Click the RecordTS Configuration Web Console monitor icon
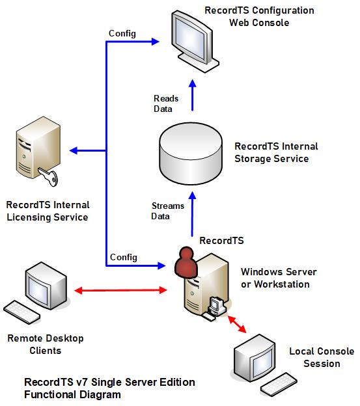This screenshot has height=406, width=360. tap(195, 42)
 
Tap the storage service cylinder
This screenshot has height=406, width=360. tap(191, 154)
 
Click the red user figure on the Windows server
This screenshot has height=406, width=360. tap(186, 262)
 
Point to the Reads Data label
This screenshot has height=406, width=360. tap(166, 103)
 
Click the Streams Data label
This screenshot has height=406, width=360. tap(167, 211)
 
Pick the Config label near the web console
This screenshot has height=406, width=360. tap(122, 34)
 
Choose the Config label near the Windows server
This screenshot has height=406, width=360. tap(124, 258)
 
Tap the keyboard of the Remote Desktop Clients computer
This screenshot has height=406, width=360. tap(21, 312)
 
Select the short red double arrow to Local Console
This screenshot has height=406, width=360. tap(237, 324)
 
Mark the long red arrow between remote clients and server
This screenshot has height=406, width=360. tap(120, 290)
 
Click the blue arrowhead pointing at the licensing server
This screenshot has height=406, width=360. tap(74, 150)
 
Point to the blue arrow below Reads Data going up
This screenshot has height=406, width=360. tap(193, 95)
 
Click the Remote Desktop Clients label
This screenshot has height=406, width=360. tap(46, 344)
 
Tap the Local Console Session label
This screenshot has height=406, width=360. tap(322, 357)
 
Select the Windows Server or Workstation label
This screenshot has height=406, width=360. tap(279, 278)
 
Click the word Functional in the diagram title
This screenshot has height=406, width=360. tap(50, 394)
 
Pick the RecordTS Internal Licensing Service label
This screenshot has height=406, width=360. tap(48, 211)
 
